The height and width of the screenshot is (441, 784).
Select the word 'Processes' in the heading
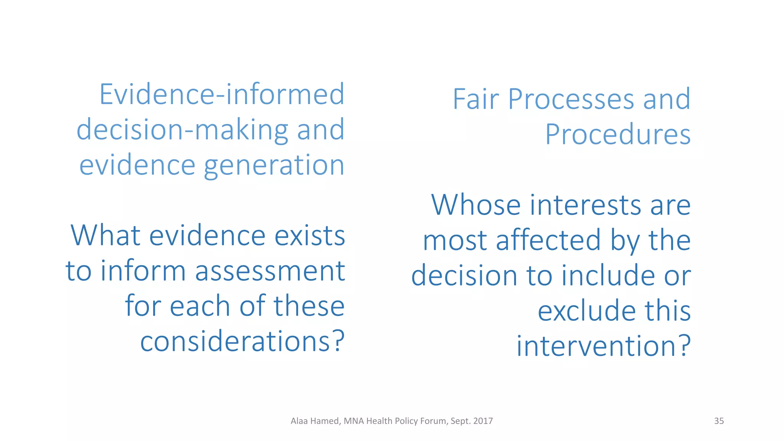point(571,99)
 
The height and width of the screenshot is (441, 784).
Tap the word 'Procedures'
point(618,134)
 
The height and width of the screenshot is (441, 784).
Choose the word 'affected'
point(548,240)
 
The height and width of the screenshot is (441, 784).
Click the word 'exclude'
point(586,310)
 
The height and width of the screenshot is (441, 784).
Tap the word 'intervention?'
point(604,346)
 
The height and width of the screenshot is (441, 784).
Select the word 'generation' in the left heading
point(274,165)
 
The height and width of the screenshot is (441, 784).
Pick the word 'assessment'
point(270,271)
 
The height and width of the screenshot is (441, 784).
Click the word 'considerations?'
point(242,341)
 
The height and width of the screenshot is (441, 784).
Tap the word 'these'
point(309,306)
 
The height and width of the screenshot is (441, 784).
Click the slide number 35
point(719,421)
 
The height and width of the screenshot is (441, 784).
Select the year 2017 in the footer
point(483,421)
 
